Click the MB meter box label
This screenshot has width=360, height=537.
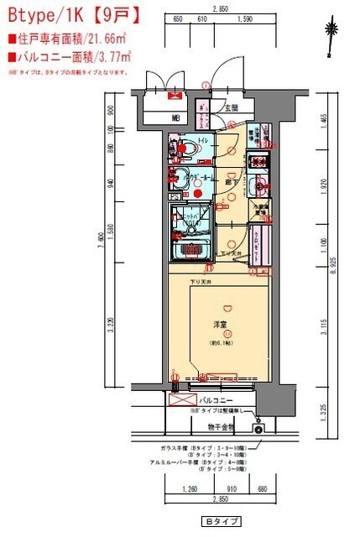[175, 117]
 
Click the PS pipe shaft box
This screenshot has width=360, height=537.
[174, 197]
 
